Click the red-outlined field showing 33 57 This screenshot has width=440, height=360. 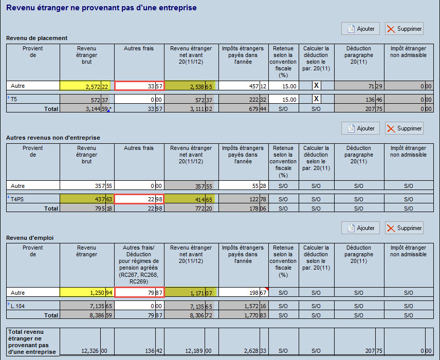(139, 86)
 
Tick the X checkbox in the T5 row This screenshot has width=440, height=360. (317, 99)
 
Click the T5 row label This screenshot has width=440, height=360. (14, 99)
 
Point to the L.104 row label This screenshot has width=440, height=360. (18, 306)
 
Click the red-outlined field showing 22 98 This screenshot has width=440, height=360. (139, 199)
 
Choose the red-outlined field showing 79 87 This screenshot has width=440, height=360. (139, 292)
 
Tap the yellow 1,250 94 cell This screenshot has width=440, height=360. (86, 292)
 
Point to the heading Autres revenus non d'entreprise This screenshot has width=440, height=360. (53, 138)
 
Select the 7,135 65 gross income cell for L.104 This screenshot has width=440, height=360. (86, 306)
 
